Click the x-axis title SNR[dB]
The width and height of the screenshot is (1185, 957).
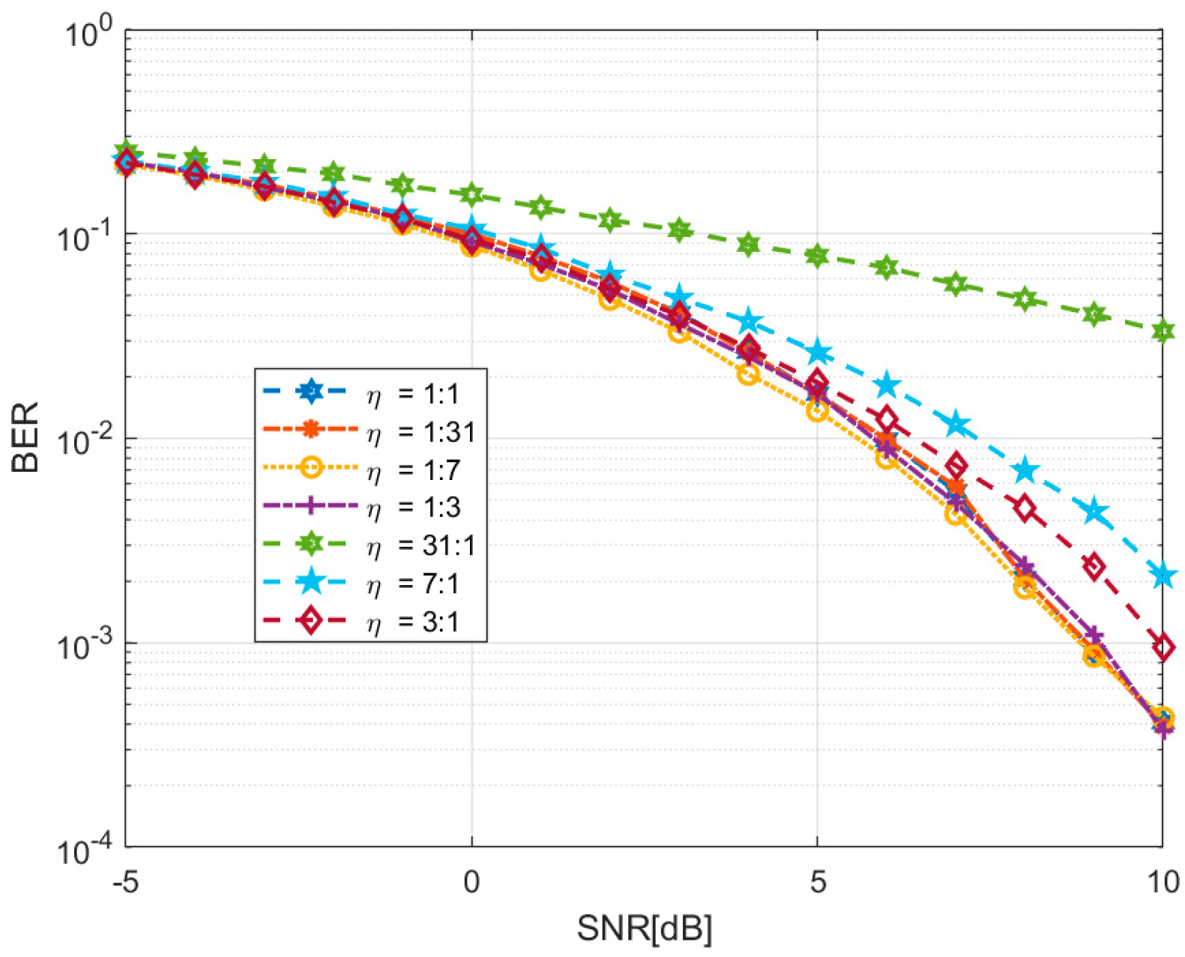644,928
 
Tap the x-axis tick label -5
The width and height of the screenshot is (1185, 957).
125,882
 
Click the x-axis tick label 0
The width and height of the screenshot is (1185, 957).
471,882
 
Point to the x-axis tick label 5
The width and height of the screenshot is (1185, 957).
817,882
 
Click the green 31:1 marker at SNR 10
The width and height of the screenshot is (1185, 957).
1163,331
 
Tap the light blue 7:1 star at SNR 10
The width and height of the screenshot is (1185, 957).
1163,577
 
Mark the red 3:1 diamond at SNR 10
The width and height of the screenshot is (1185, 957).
1163,647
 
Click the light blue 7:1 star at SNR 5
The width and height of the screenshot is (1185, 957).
818,352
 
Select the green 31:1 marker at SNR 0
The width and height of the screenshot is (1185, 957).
471,195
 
